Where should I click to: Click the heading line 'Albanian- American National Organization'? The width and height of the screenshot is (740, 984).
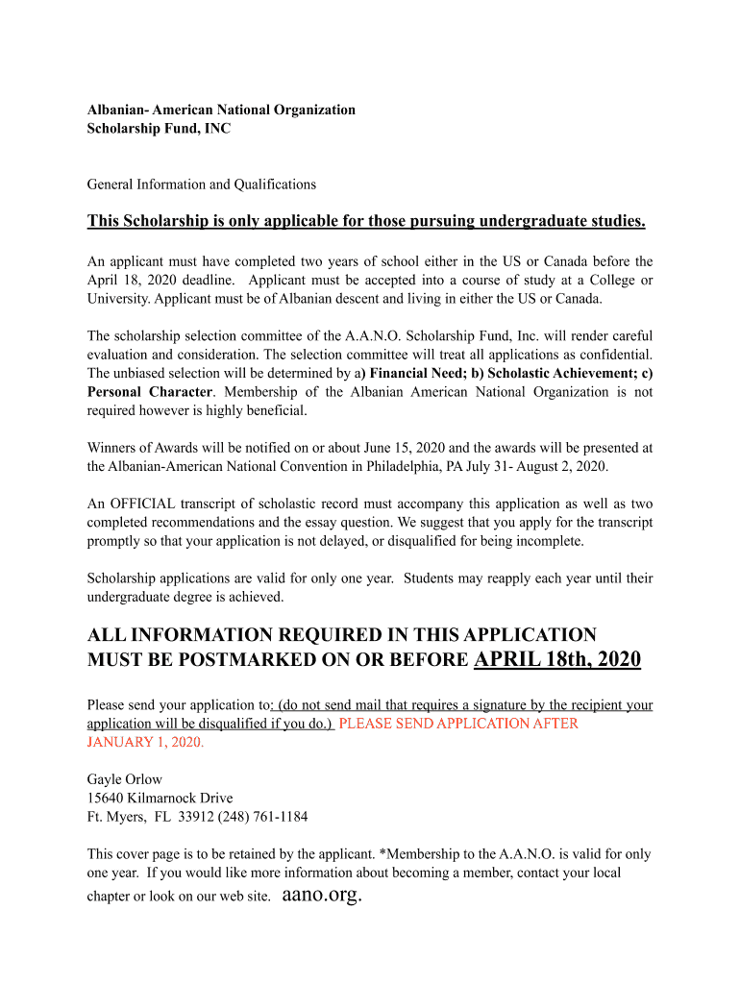(221, 110)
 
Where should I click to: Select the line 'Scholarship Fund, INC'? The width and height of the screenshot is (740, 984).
(159, 128)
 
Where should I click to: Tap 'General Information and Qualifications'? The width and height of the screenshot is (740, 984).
(202, 184)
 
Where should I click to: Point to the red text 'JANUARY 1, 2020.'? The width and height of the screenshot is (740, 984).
(145, 742)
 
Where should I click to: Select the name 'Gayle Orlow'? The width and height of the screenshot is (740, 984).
(125, 779)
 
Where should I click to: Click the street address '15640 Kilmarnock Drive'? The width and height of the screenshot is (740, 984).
(160, 799)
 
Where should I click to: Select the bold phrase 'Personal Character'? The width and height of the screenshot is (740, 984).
(149, 392)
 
